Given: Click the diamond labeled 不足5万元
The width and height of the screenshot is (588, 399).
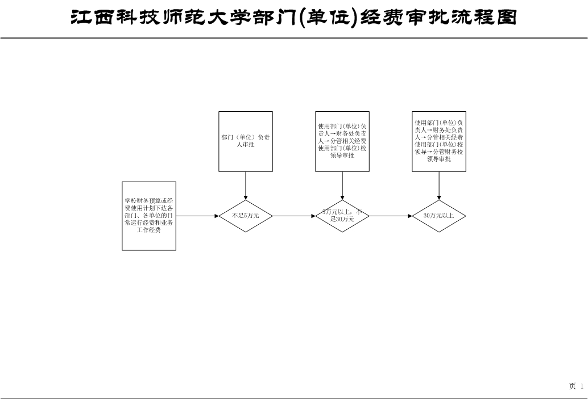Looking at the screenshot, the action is coord(246,216).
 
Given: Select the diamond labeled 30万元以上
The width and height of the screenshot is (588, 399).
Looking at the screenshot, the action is coord(439,216).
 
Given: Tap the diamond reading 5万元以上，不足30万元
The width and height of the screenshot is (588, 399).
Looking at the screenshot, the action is coord(342,216).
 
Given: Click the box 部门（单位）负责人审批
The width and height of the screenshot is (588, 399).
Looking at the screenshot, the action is coord(246,141).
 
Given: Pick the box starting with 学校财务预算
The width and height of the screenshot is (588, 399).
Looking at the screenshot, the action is coord(149,216).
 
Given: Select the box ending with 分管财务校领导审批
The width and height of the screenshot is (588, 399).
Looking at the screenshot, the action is coord(439,141).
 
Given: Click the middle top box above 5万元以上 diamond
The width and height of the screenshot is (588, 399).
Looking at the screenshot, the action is coord(342,141).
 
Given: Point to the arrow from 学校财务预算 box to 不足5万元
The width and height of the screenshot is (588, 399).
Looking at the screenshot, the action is coord(197,216).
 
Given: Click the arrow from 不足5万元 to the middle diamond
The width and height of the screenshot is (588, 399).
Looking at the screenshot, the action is coord(294,216).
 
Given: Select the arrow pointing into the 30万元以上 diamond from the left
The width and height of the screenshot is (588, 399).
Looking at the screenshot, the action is coord(391,216).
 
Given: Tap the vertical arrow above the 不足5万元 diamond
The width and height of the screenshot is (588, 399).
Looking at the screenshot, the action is coord(246,186).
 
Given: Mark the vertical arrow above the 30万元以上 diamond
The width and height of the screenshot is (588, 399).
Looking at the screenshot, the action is coord(439,186).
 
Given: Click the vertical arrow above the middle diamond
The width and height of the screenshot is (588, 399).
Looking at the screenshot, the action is coord(342,186).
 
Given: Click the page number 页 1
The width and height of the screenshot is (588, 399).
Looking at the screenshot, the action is coord(577,387).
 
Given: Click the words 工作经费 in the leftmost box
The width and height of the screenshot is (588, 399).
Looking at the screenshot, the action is coord(149,230).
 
